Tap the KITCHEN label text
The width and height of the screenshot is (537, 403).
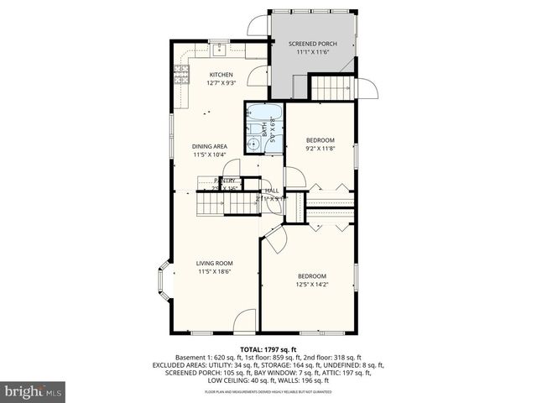coord(221,75)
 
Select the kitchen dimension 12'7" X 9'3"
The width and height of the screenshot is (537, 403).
coord(221,83)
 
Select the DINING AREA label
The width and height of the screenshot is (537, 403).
coord(210,146)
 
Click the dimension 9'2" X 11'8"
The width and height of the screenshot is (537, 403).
coord(320,149)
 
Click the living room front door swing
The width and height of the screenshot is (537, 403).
coord(244,319)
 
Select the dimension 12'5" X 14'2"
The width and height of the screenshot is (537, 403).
coord(312,285)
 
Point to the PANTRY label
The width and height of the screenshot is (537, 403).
coord(224,181)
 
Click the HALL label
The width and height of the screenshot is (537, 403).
coord(272,191)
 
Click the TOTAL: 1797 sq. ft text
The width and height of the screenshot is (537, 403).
coord(268,348)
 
